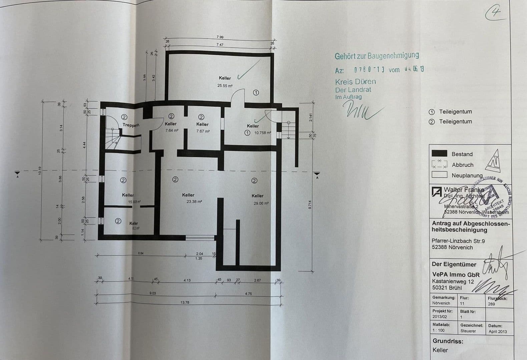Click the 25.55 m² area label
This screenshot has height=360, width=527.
click(x=225, y=86)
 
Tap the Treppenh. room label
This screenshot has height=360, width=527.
click(x=131, y=125)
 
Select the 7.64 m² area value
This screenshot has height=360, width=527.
click(x=172, y=130)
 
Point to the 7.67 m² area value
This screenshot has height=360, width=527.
click(x=203, y=131)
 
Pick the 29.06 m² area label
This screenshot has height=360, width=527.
click(x=261, y=203)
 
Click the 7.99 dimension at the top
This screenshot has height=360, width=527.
click(x=220, y=37)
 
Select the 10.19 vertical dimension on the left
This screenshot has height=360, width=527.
click(x=40, y=171)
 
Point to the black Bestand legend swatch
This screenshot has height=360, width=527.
click(x=439, y=153)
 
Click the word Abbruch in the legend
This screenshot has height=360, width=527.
click(x=462, y=165)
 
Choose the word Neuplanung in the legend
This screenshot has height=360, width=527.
click(x=467, y=175)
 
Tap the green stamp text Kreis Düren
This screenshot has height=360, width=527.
click(x=355, y=82)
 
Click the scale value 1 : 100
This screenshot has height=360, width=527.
click(x=439, y=330)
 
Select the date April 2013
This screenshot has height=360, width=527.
click(x=498, y=331)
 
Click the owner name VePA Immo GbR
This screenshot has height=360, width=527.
click(x=456, y=275)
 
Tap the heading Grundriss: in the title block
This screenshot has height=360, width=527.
click(x=448, y=341)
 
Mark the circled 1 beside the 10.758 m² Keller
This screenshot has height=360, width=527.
click(x=247, y=133)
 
